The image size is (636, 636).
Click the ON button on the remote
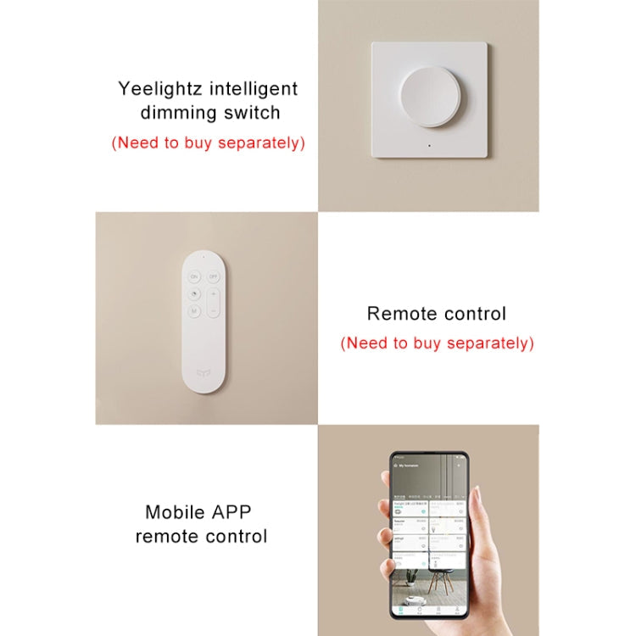194,277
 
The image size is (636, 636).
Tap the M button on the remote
194,310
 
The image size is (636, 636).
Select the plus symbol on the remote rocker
214,293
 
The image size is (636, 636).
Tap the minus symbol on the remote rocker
214,312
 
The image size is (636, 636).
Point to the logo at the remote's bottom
204,371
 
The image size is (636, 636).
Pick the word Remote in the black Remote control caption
398,314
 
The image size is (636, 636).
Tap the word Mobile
174,512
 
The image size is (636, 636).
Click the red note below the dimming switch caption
208,142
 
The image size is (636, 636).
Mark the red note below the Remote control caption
437,343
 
